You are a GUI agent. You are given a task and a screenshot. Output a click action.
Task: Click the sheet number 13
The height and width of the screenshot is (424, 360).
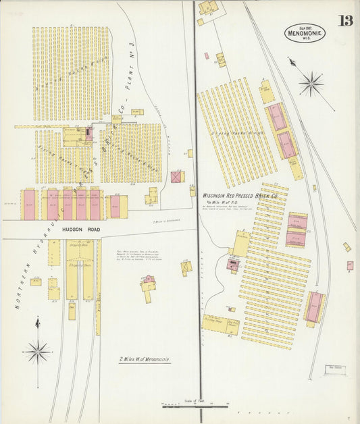click(x=345, y=20)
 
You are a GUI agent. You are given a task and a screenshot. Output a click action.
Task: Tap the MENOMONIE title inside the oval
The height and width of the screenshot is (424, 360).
click(x=305, y=31)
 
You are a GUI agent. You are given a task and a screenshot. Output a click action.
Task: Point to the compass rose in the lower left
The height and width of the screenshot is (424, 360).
click(x=37, y=351)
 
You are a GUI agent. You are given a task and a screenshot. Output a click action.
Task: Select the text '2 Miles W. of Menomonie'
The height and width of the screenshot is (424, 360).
click(x=145, y=360)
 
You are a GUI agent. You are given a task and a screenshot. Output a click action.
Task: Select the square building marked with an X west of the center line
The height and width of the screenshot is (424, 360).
click(x=176, y=178)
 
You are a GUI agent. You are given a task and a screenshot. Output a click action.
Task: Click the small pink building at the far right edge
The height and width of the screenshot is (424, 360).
click(x=350, y=265)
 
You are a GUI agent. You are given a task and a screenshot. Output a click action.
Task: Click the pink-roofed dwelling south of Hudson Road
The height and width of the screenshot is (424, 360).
click(x=148, y=280)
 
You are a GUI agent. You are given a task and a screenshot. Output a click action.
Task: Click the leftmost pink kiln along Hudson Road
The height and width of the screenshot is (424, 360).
click(x=29, y=205)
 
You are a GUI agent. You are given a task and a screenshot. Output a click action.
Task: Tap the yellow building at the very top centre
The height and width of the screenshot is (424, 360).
click(x=208, y=7)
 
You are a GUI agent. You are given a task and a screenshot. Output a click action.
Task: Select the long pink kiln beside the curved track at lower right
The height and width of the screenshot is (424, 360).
click(x=313, y=307)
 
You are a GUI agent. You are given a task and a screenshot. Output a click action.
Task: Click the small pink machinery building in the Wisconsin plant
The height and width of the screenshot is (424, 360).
click(x=234, y=263)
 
